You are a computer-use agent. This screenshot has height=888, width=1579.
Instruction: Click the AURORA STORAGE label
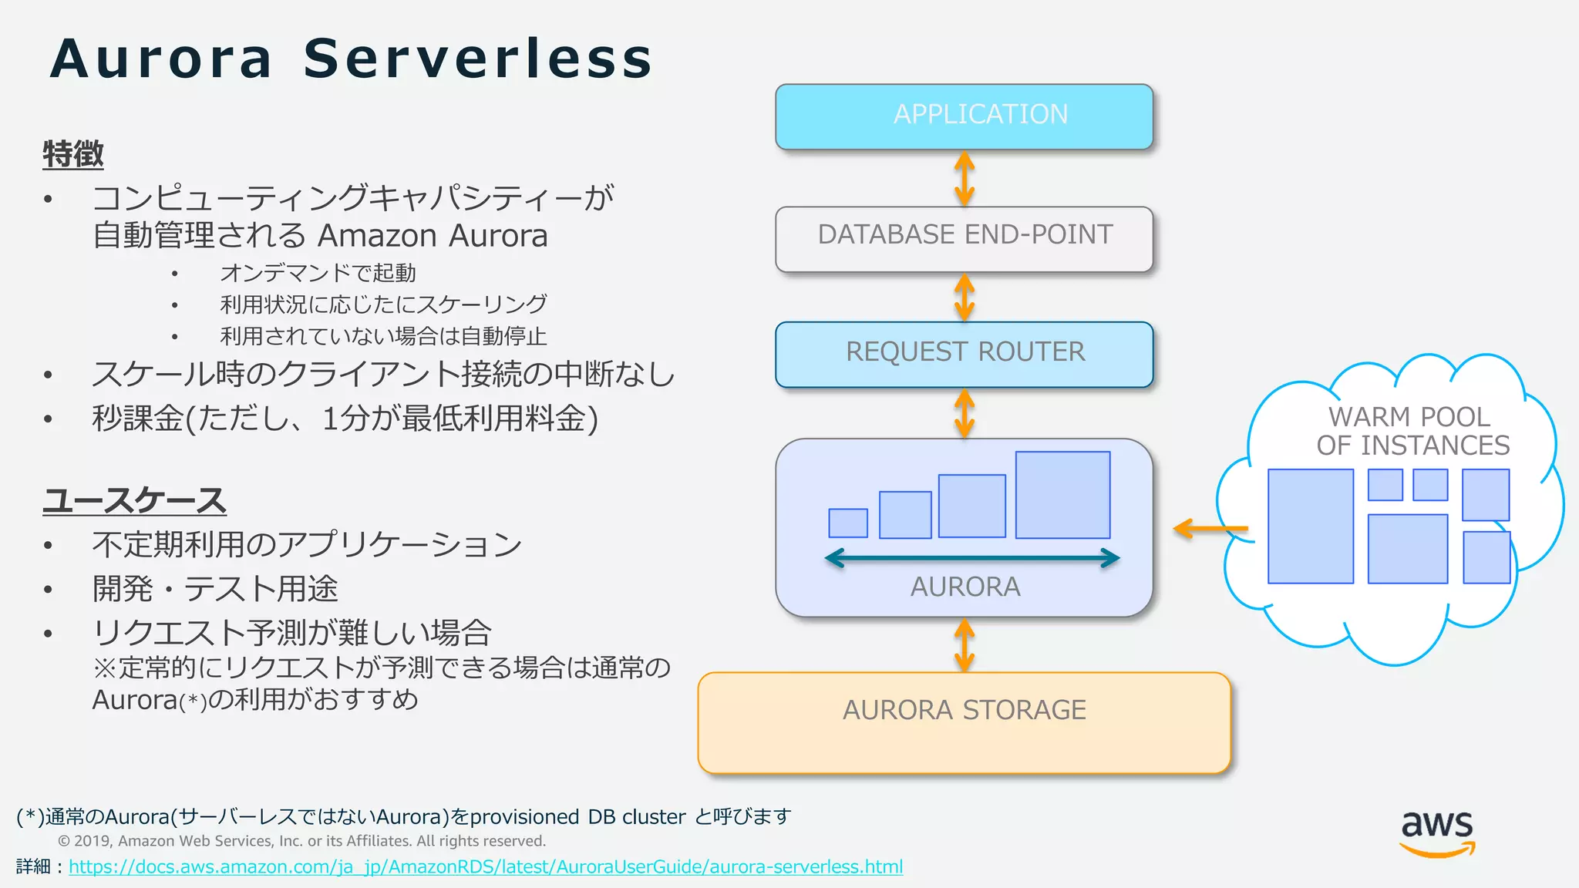click(x=964, y=710)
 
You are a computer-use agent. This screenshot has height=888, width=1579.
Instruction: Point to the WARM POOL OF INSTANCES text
click(x=1412, y=431)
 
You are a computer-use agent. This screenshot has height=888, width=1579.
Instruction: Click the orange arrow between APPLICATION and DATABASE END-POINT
click(x=965, y=178)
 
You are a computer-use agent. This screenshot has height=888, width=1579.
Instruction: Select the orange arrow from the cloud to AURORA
click(x=1210, y=529)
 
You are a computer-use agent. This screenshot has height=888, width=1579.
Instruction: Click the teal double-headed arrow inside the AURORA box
click(x=971, y=558)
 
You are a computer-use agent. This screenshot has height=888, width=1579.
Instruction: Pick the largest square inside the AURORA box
click(x=1062, y=495)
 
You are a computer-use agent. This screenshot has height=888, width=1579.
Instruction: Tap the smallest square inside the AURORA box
click(x=847, y=523)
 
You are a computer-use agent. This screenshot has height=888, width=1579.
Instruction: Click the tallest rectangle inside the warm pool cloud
click(x=1310, y=526)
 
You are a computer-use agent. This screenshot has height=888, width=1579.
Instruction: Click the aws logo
click(x=1436, y=833)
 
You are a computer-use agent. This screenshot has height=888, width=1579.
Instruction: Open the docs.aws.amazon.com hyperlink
click(x=486, y=867)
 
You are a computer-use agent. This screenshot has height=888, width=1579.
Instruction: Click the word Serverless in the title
click(x=478, y=59)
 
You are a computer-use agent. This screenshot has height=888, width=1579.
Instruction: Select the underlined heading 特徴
click(x=73, y=154)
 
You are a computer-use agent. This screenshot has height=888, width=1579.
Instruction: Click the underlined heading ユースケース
click(x=134, y=500)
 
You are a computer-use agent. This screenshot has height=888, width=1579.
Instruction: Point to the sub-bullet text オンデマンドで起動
click(x=318, y=273)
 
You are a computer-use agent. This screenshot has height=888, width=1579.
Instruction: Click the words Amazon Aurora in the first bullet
click(x=433, y=236)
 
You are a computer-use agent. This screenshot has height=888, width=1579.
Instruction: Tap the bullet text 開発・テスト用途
click(x=215, y=589)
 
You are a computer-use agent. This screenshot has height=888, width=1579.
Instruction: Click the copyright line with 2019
click(x=301, y=841)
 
